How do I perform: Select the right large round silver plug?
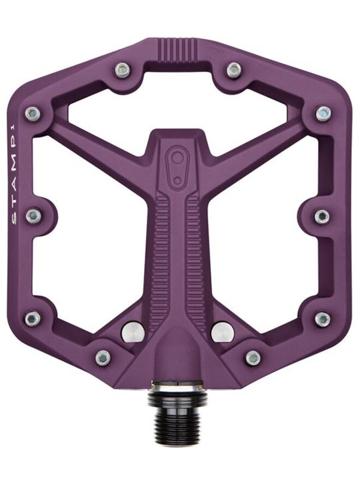pos(222,332)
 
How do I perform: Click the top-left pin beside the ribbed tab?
pos(122,70)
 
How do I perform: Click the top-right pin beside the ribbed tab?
pos(233,70)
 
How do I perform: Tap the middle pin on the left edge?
pos(33,216)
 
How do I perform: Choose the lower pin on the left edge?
pos(33,319)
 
